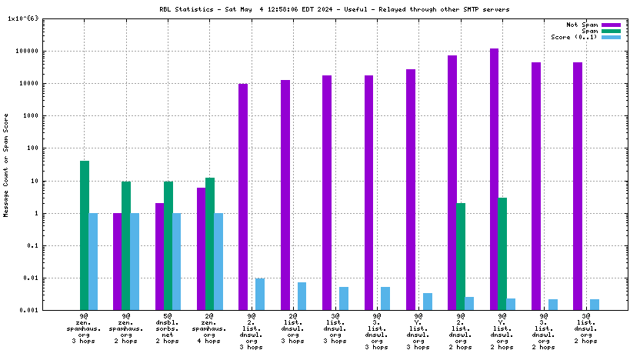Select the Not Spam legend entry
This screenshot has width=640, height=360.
[x=582, y=25]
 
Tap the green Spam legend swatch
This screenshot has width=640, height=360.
[x=611, y=31]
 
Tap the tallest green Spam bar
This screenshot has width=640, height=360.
[x=85, y=235]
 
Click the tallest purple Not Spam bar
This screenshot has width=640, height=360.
[x=494, y=179]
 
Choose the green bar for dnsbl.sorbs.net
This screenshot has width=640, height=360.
[x=168, y=245]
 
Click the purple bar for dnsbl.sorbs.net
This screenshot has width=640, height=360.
[x=159, y=256]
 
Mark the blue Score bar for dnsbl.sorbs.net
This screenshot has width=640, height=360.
[x=176, y=262]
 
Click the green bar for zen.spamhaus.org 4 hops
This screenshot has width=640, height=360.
[x=209, y=244]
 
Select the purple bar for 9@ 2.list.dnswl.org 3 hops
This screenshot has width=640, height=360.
[x=243, y=197]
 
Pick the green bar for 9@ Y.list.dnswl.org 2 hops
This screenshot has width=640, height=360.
[x=502, y=254]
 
